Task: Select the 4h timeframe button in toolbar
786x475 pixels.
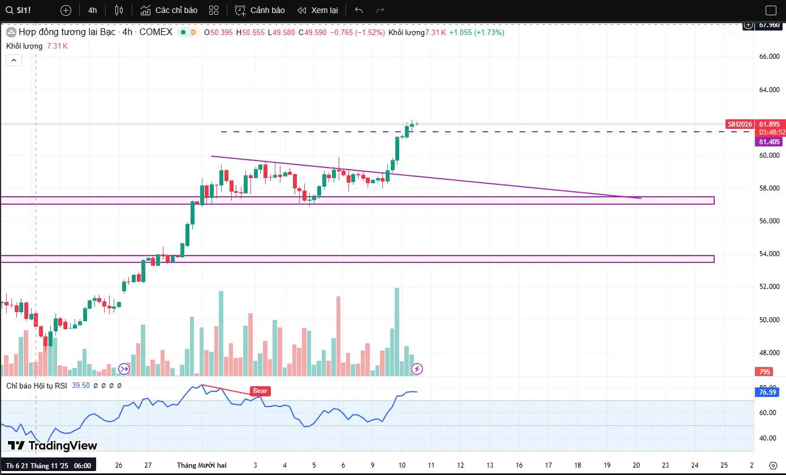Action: coord(93,10)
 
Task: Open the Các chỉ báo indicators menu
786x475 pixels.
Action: coord(169,10)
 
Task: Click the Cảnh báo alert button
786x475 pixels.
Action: coord(260,10)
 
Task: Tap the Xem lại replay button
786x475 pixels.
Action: coord(317,10)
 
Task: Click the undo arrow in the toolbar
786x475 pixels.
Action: coord(359,10)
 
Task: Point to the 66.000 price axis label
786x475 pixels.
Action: coord(769,57)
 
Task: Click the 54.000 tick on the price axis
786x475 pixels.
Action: coord(769,254)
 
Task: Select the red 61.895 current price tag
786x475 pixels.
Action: coord(769,124)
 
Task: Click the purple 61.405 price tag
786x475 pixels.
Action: coord(769,142)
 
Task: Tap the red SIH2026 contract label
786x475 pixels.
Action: coord(740,124)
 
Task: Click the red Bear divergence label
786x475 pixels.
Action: coord(260,391)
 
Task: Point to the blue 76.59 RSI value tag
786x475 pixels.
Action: coord(769,392)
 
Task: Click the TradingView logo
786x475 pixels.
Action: coord(53,446)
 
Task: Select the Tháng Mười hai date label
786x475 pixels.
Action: coord(202,465)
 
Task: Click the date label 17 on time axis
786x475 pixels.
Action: coord(548,465)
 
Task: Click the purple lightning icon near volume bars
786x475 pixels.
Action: coord(417,369)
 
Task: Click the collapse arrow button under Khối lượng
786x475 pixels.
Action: coord(14,60)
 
